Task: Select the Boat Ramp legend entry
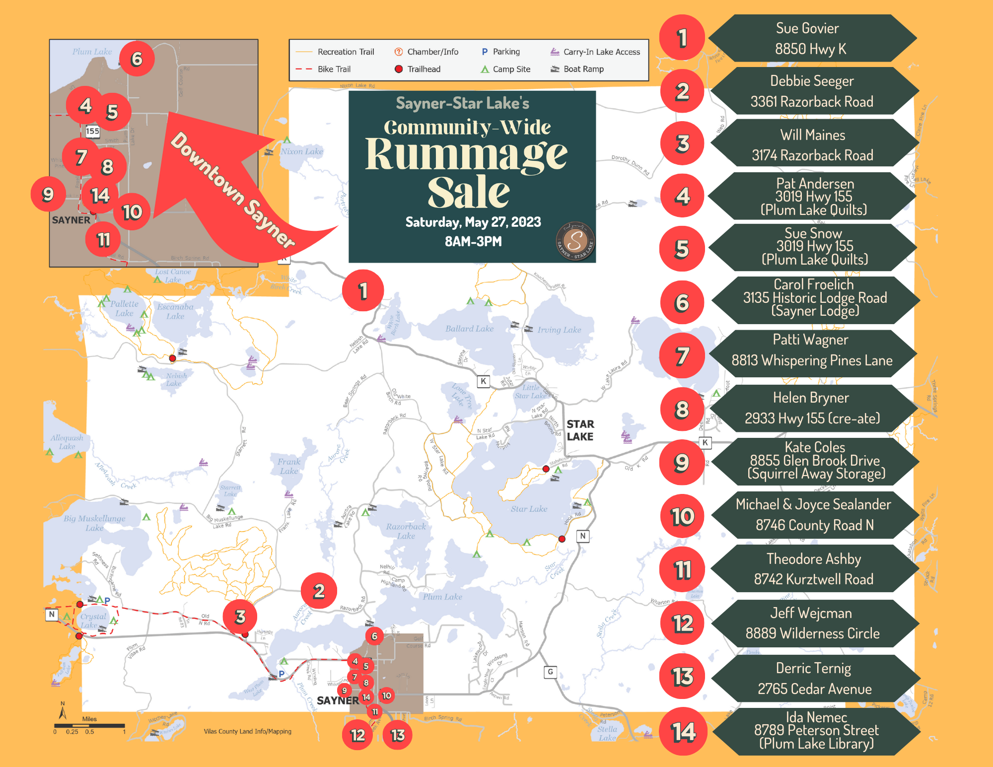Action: point(577,69)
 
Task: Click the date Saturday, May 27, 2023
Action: point(473,222)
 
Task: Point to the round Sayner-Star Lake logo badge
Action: point(575,241)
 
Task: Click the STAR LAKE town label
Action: point(580,430)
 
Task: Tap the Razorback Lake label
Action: point(406,531)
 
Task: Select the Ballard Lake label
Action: point(469,329)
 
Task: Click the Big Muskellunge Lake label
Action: point(94,523)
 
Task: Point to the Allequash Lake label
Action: point(67,442)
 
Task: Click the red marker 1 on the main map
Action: point(363,291)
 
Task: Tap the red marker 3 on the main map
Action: point(240,617)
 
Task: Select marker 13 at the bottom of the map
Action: point(398,735)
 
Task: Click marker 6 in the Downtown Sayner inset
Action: point(137,59)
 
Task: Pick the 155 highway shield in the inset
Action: point(93,131)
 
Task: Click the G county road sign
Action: point(550,672)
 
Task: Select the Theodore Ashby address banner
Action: point(813,569)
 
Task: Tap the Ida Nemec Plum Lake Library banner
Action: point(815,731)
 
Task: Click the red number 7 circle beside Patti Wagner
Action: point(682,356)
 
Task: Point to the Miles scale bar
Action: point(89,726)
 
